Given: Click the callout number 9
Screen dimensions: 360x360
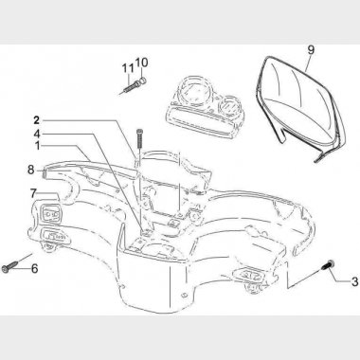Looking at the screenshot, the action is click(311, 50).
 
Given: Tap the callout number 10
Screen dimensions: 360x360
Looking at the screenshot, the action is click(142, 63).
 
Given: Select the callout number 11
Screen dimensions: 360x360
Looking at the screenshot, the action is click(128, 68).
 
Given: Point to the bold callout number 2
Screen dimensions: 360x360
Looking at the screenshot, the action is click(37, 120).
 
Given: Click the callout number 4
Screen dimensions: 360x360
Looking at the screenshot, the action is click(37, 134).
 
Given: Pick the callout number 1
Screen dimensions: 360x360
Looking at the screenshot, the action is click(38, 146).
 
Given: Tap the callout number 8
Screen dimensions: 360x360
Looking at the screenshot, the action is click(30, 170).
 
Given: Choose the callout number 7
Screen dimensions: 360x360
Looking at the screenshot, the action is click(34, 192).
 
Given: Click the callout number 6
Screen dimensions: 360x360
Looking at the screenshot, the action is click(34, 269).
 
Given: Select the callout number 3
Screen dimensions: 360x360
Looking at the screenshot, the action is click(354, 281).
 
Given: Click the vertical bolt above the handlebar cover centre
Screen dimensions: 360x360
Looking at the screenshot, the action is click(139, 139).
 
